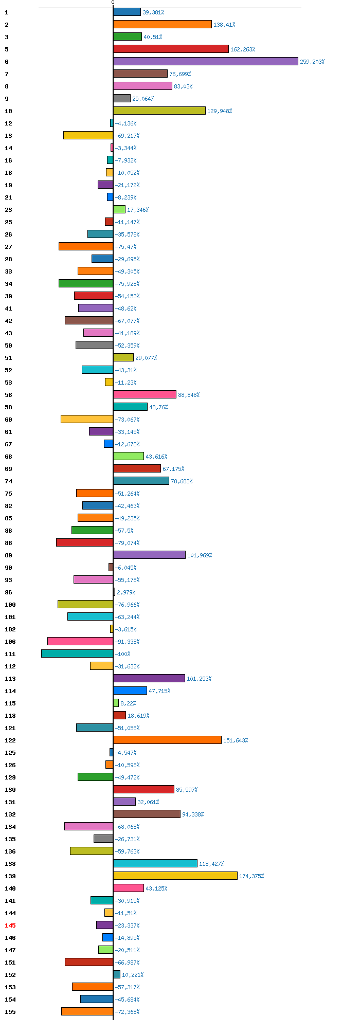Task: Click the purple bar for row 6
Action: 206,61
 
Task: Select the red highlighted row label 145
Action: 10,925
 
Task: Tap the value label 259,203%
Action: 312,62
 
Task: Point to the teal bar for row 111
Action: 77,653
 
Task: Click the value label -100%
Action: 122,654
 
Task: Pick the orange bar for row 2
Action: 163,24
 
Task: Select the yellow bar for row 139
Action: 175,876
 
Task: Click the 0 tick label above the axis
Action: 113,3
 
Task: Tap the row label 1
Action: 7,12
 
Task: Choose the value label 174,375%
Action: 251,876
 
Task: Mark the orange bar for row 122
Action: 167,740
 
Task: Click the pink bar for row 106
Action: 80,641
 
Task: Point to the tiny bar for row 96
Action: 114,592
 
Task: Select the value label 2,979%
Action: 126,592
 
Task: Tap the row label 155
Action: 10,1012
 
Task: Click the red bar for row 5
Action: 171,49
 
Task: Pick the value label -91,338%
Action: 127,642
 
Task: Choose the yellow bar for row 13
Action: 88,135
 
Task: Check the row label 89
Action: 8,555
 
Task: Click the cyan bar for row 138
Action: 155,863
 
